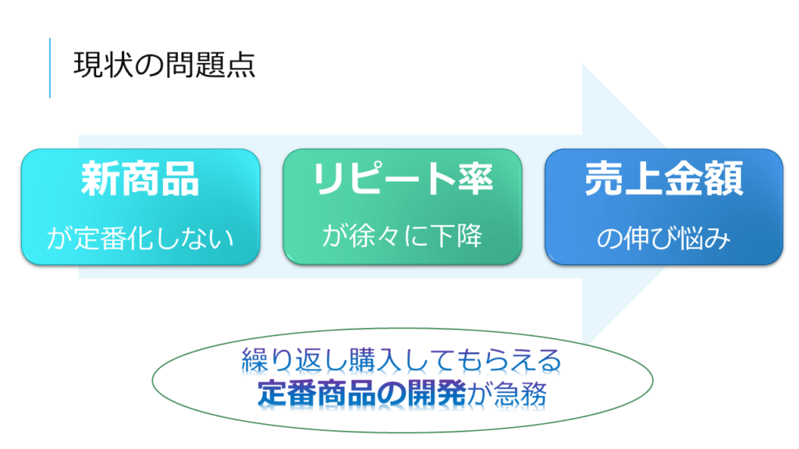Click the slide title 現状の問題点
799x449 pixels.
click(x=164, y=65)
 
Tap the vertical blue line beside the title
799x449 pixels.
click(x=50, y=68)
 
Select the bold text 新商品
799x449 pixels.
click(x=140, y=179)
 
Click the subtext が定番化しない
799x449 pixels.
click(x=140, y=239)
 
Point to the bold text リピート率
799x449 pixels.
click(x=403, y=179)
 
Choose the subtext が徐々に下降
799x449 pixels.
click(x=402, y=235)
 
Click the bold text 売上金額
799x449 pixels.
click(x=664, y=179)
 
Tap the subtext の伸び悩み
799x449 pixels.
click(x=663, y=239)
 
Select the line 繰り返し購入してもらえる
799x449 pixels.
click(x=402, y=360)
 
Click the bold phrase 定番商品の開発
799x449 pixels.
click(x=362, y=394)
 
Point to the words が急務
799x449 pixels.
click(x=506, y=394)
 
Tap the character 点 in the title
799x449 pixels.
click(x=240, y=65)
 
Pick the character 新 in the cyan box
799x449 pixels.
click(x=101, y=179)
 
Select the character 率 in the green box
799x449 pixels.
click(x=474, y=179)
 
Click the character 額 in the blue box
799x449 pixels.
click(x=724, y=179)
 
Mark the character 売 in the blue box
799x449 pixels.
click(x=605, y=179)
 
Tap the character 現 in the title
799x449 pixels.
click(x=88, y=65)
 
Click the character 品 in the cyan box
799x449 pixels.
click(x=180, y=179)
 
